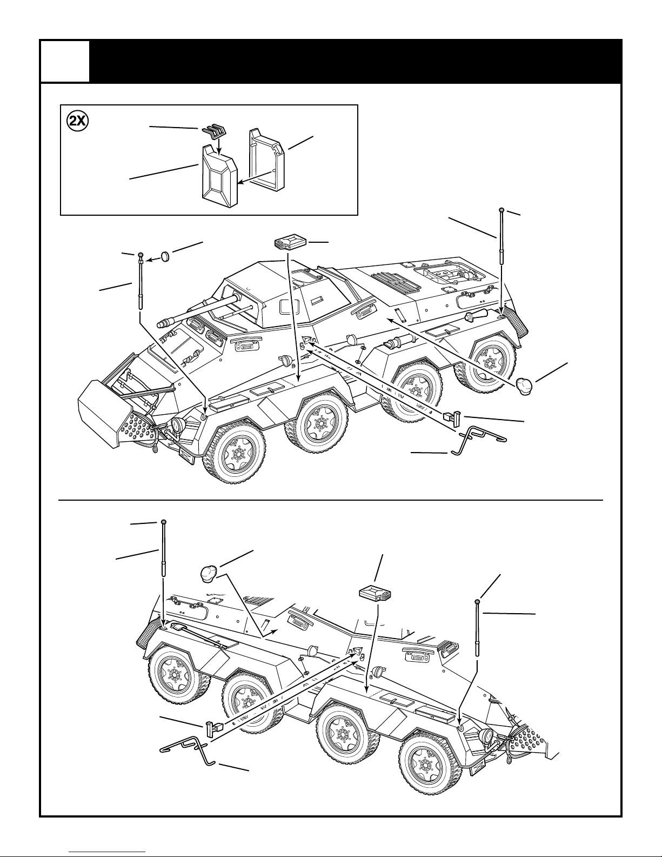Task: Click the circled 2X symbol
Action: (x=78, y=121)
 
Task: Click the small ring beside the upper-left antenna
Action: (x=166, y=257)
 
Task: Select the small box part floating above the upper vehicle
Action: (x=290, y=242)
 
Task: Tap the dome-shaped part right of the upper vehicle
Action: (x=524, y=386)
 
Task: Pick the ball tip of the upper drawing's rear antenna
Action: (x=501, y=210)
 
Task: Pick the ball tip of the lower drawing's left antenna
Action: (x=164, y=522)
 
